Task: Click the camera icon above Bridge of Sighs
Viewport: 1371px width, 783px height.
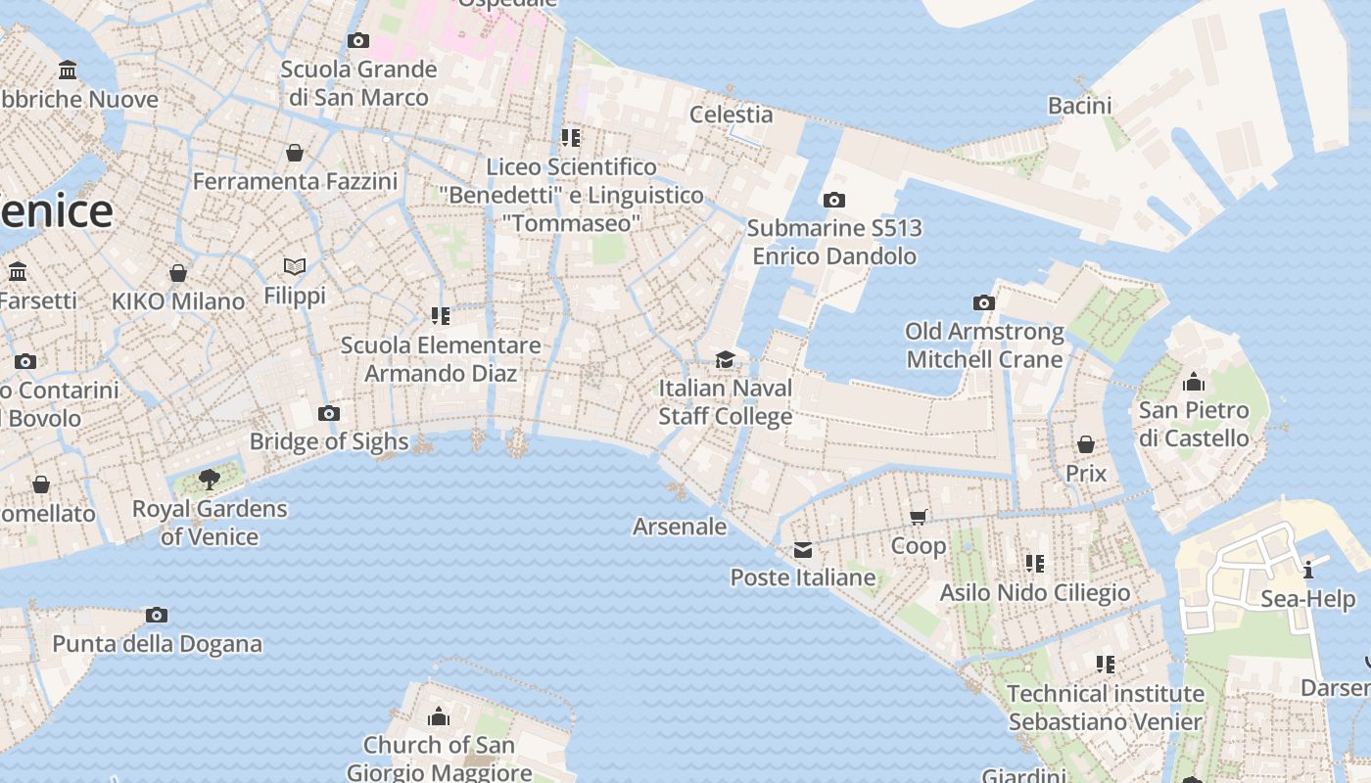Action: [x=329, y=413]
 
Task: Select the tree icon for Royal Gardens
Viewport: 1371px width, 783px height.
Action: [x=209, y=479]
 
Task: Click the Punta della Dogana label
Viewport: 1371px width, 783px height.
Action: [x=157, y=644]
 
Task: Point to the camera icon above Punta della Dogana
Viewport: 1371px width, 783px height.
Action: [x=156, y=615]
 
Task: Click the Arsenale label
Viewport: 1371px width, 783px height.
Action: [x=680, y=527]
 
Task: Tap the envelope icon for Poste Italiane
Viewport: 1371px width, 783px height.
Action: [x=803, y=549]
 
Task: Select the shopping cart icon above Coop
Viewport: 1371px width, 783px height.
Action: [x=919, y=517]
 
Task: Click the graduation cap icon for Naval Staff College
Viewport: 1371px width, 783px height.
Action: [x=725, y=359]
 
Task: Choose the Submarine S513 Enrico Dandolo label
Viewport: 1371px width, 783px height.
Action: [x=833, y=242]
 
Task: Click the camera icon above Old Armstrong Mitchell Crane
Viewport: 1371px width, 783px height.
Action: [x=984, y=302]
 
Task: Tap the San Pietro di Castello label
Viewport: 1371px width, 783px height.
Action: [x=1194, y=424]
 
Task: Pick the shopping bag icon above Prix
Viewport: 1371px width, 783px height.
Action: [x=1085, y=444]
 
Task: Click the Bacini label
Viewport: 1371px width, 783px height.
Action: [x=1079, y=106]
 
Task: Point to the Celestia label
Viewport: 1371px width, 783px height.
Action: [x=731, y=115]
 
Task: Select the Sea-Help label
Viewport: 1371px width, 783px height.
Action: [x=1307, y=599]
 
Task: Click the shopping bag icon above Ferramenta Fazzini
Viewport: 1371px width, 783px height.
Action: [x=294, y=153]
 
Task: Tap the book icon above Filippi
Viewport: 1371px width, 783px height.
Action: [x=295, y=266]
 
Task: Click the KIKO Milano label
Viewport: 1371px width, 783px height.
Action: [x=178, y=301]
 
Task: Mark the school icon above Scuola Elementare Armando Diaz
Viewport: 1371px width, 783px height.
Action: [x=441, y=316]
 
